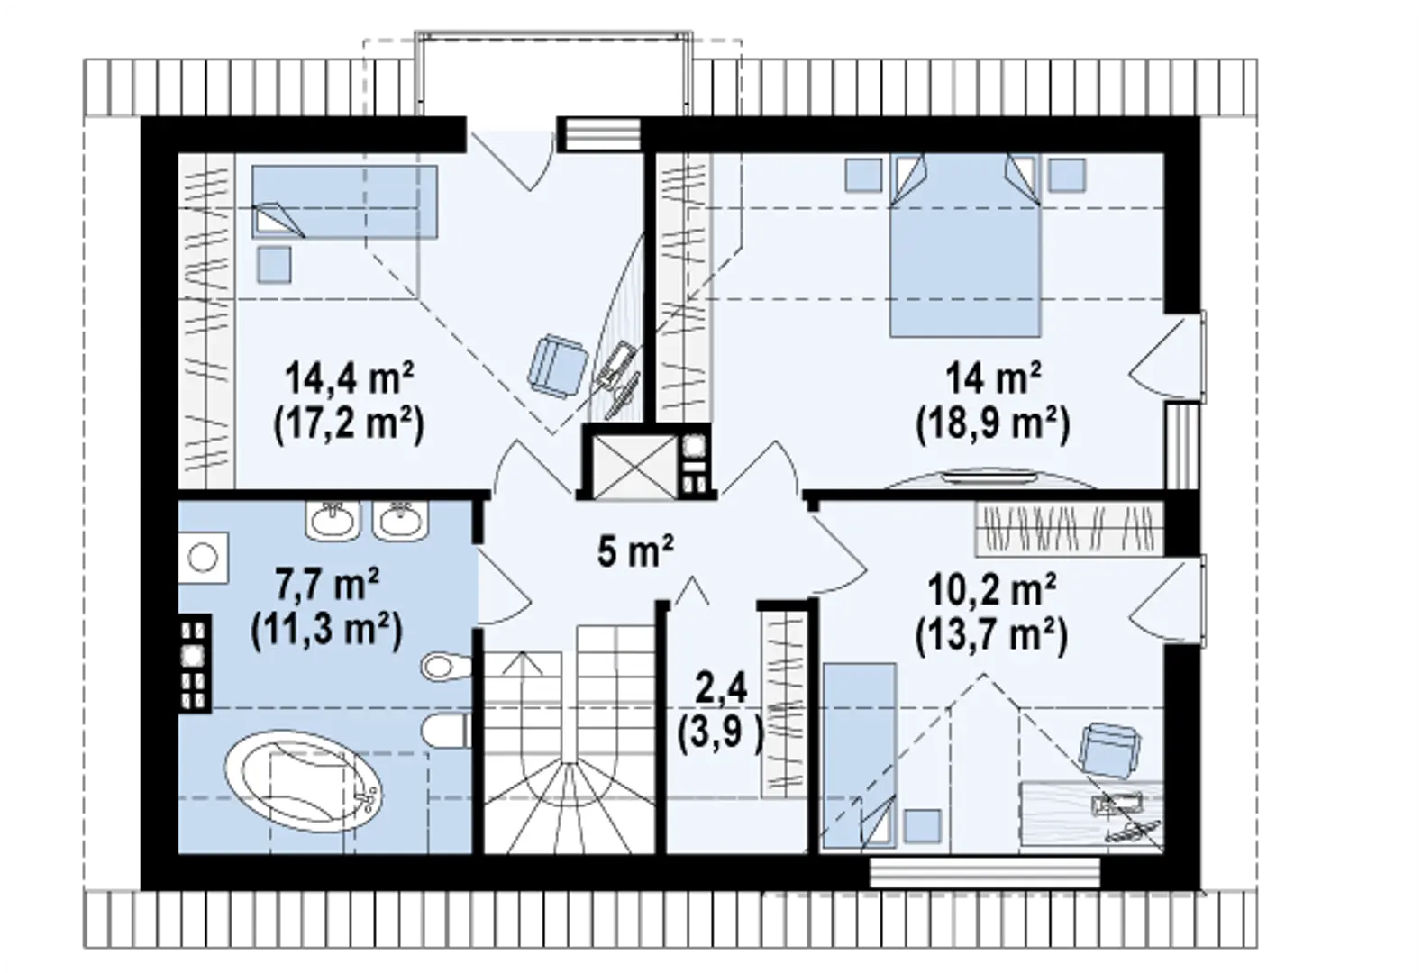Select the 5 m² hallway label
(x=635, y=550)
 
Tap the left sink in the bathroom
(x=333, y=521)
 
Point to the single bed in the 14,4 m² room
(x=343, y=202)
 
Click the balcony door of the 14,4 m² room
(x=510, y=153)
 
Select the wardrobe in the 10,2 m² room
(x=1069, y=527)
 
